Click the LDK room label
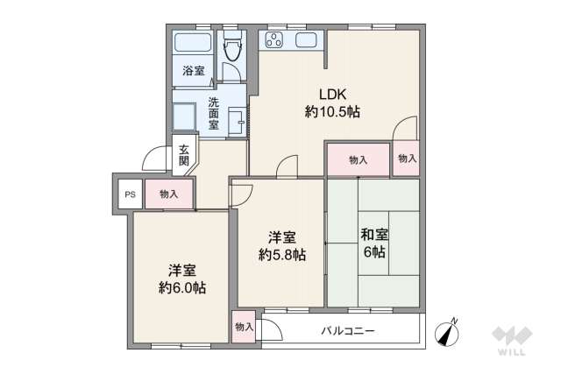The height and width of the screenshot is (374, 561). pos(332,95)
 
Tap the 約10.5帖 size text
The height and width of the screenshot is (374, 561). pos(332,111)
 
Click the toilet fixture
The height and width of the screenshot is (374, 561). pos(232,48)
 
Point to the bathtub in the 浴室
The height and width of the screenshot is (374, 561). pos(192,45)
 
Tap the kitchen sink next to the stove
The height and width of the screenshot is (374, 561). pos(309,40)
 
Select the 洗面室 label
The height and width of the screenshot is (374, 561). pos(214,113)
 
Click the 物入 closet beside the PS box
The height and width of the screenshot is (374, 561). pos(168,194)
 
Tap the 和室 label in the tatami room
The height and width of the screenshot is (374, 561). pos(375,235)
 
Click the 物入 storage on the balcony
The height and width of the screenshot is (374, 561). pos(244,327)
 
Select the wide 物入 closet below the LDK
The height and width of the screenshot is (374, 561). pos(358,160)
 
